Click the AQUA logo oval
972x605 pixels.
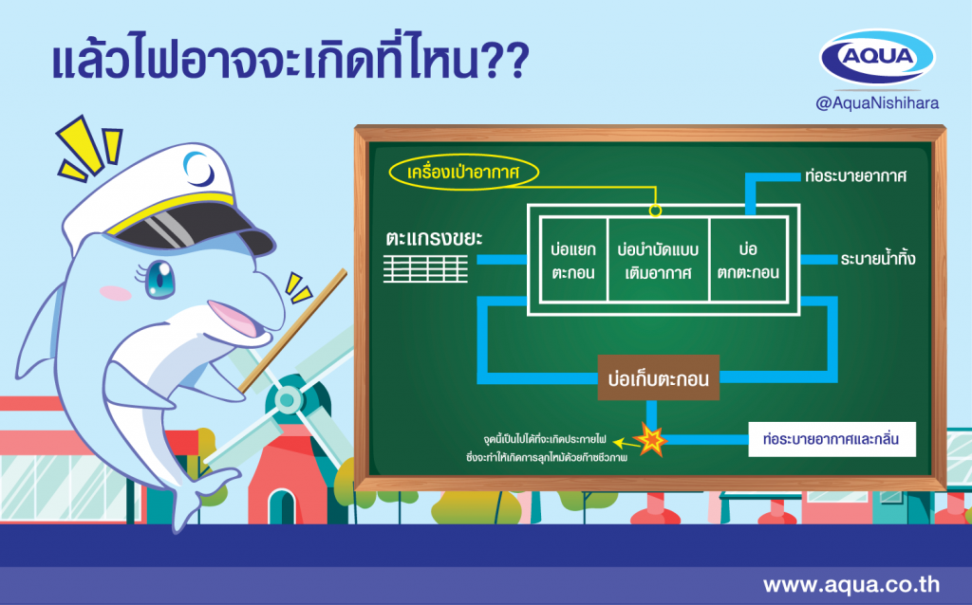coord(877,56)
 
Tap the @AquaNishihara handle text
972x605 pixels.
coord(877,102)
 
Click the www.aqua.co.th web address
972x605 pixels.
coord(851,584)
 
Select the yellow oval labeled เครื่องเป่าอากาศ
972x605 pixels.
coord(463,172)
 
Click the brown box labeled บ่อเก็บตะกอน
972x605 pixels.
coord(659,377)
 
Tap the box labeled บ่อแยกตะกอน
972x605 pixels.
coord(573,260)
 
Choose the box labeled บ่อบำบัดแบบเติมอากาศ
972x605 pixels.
coord(659,260)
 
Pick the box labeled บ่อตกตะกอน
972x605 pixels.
coord(748,260)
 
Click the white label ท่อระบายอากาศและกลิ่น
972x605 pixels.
coord(832,440)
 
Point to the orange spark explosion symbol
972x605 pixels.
coord(651,440)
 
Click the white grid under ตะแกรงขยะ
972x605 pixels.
coord(425,268)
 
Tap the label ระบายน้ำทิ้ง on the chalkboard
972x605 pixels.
coord(878,259)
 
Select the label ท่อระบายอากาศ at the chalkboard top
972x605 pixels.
coord(855,175)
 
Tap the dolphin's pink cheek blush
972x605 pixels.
coord(115,294)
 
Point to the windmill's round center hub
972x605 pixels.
coord(287,399)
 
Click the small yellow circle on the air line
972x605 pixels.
coord(655,211)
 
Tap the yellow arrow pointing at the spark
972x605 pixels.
coord(626,444)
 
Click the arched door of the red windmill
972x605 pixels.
coord(283,506)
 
